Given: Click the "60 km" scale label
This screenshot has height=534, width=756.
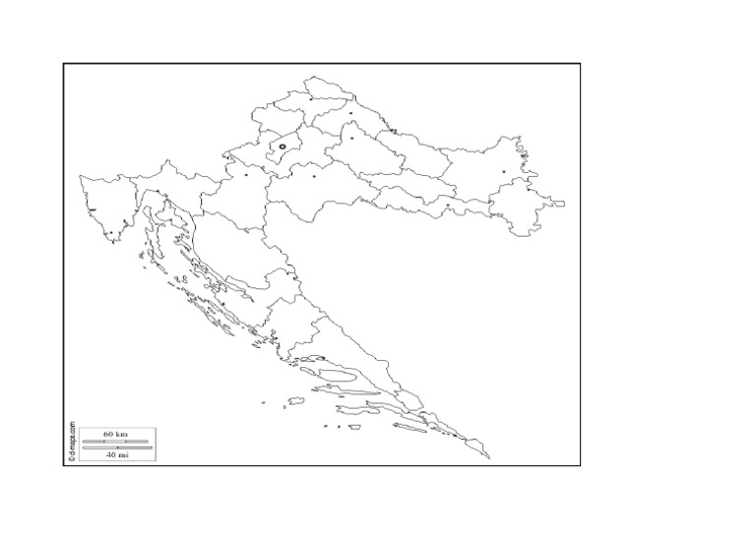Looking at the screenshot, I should click(x=116, y=434).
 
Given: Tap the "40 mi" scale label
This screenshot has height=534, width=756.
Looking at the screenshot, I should click(x=116, y=454).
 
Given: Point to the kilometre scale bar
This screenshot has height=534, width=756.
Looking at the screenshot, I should click(x=116, y=442).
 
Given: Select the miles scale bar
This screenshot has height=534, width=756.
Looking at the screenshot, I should click(x=116, y=447).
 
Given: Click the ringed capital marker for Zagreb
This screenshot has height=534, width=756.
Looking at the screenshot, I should click(x=283, y=147).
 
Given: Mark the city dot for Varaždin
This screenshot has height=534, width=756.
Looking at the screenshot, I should click(x=312, y=98).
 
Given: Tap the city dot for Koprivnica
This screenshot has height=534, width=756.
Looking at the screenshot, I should click(x=350, y=114).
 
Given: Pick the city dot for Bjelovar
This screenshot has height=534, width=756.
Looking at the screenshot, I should click(x=351, y=138).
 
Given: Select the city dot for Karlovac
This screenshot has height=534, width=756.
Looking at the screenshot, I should click(x=246, y=175).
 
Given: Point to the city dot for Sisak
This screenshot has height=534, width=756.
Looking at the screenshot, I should click(x=314, y=177).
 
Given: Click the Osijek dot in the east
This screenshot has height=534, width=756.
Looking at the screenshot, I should click(x=504, y=172).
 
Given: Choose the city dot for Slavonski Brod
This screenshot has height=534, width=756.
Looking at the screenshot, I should click(x=448, y=206).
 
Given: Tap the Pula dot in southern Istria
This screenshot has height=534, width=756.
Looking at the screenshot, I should click(x=111, y=233).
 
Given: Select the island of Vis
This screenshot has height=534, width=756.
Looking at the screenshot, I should click(x=292, y=402).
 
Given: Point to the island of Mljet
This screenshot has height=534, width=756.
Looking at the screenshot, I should click(x=409, y=427).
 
